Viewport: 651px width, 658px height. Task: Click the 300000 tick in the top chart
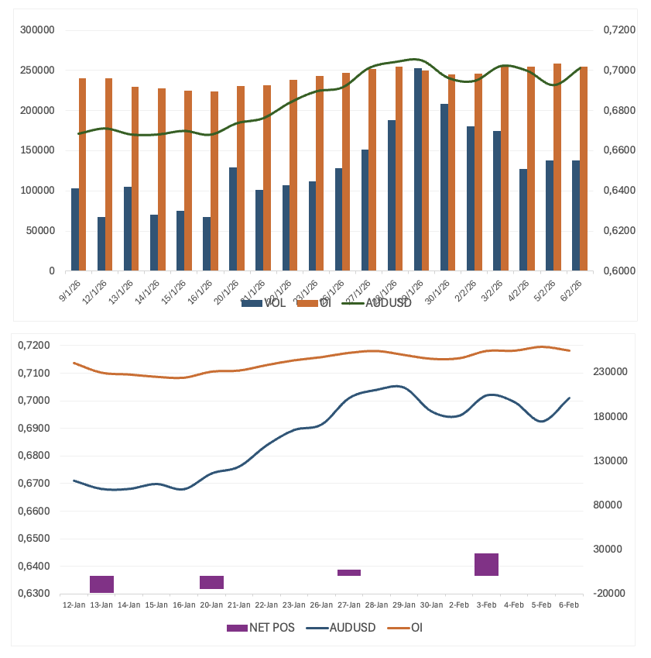[x=37, y=30]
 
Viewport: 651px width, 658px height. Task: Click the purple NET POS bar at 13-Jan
[x=102, y=584]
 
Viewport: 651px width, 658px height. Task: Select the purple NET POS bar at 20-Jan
[x=211, y=582]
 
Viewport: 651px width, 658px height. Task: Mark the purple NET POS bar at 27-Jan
[x=349, y=573]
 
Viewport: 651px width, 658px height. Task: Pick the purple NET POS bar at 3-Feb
[x=486, y=564]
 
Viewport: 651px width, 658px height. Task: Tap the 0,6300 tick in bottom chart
[x=34, y=594]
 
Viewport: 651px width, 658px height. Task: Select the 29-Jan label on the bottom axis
[x=403, y=605]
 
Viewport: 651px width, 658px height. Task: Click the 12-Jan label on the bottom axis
[x=74, y=605]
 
